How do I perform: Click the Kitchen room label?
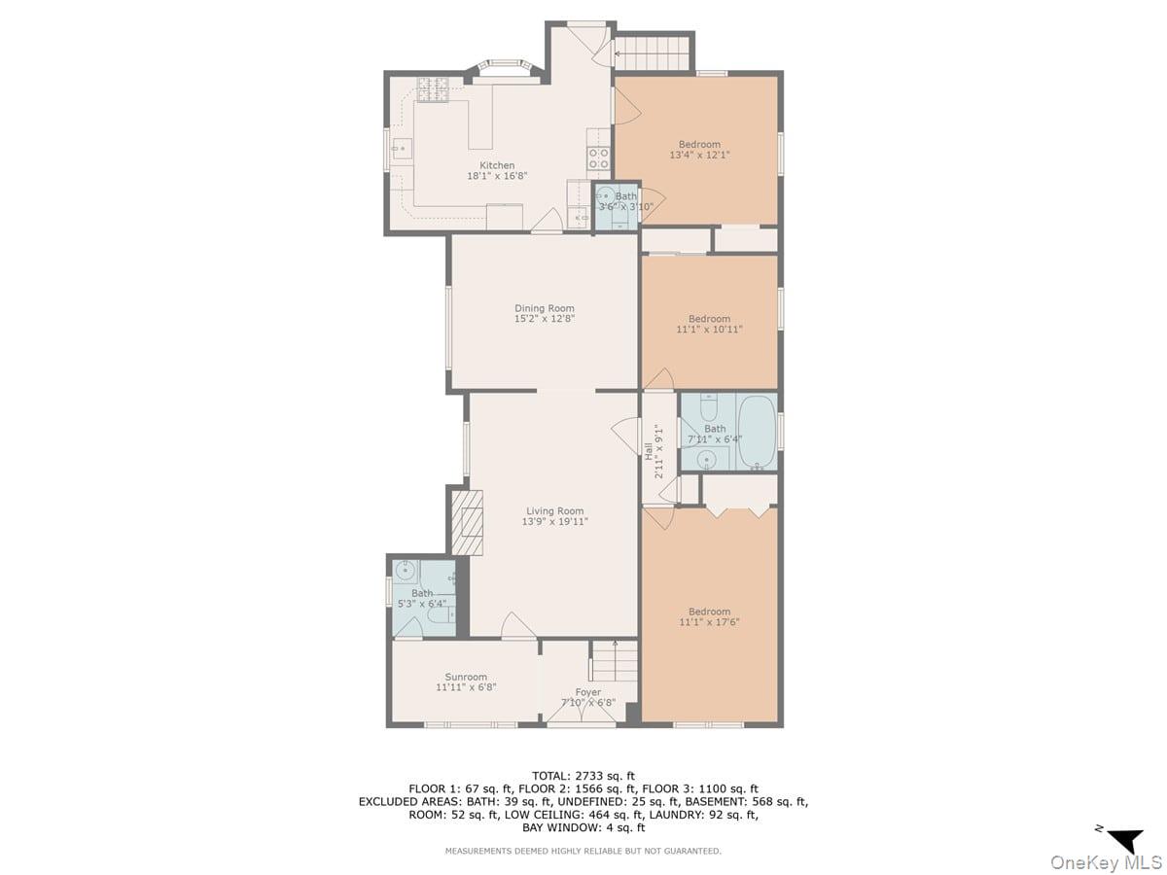tap(497, 165)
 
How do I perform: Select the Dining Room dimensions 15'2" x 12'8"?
tap(545, 319)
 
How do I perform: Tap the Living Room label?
tap(554, 511)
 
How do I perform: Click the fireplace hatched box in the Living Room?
tap(467, 522)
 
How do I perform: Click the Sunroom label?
tap(466, 677)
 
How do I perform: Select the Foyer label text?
tap(587, 692)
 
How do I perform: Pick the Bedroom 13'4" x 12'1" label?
tap(699, 145)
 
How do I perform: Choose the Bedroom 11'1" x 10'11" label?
tap(709, 319)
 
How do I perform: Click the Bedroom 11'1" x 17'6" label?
tap(709, 612)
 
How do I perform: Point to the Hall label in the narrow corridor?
tap(649, 449)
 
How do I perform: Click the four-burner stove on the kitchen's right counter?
tap(598, 157)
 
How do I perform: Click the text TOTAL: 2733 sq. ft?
tap(583, 775)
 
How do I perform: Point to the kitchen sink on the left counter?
tap(401, 150)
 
